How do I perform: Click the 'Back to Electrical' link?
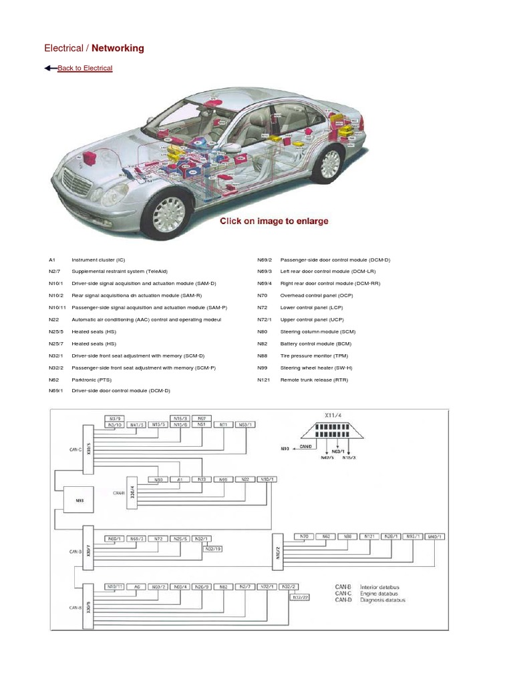click(85, 68)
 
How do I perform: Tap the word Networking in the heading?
click(118, 48)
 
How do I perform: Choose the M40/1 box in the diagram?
click(435, 536)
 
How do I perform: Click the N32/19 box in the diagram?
click(214, 548)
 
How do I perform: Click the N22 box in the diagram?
click(244, 479)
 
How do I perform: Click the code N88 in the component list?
click(262, 356)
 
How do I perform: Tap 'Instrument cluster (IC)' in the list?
click(98, 259)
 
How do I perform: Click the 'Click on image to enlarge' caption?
click(275, 221)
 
